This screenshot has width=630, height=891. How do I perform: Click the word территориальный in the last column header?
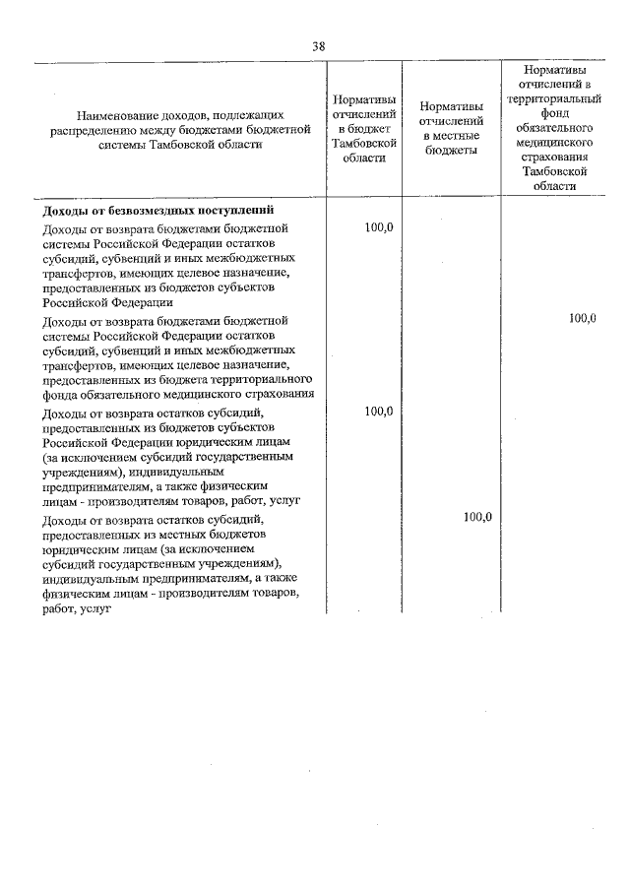tap(555, 99)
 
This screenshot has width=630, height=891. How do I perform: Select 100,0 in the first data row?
tap(378, 227)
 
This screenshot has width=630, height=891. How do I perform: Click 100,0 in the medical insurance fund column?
tap(582, 318)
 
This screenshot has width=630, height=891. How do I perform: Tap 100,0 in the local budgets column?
tap(476, 516)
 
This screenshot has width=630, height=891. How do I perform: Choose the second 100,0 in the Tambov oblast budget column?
tap(378, 411)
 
